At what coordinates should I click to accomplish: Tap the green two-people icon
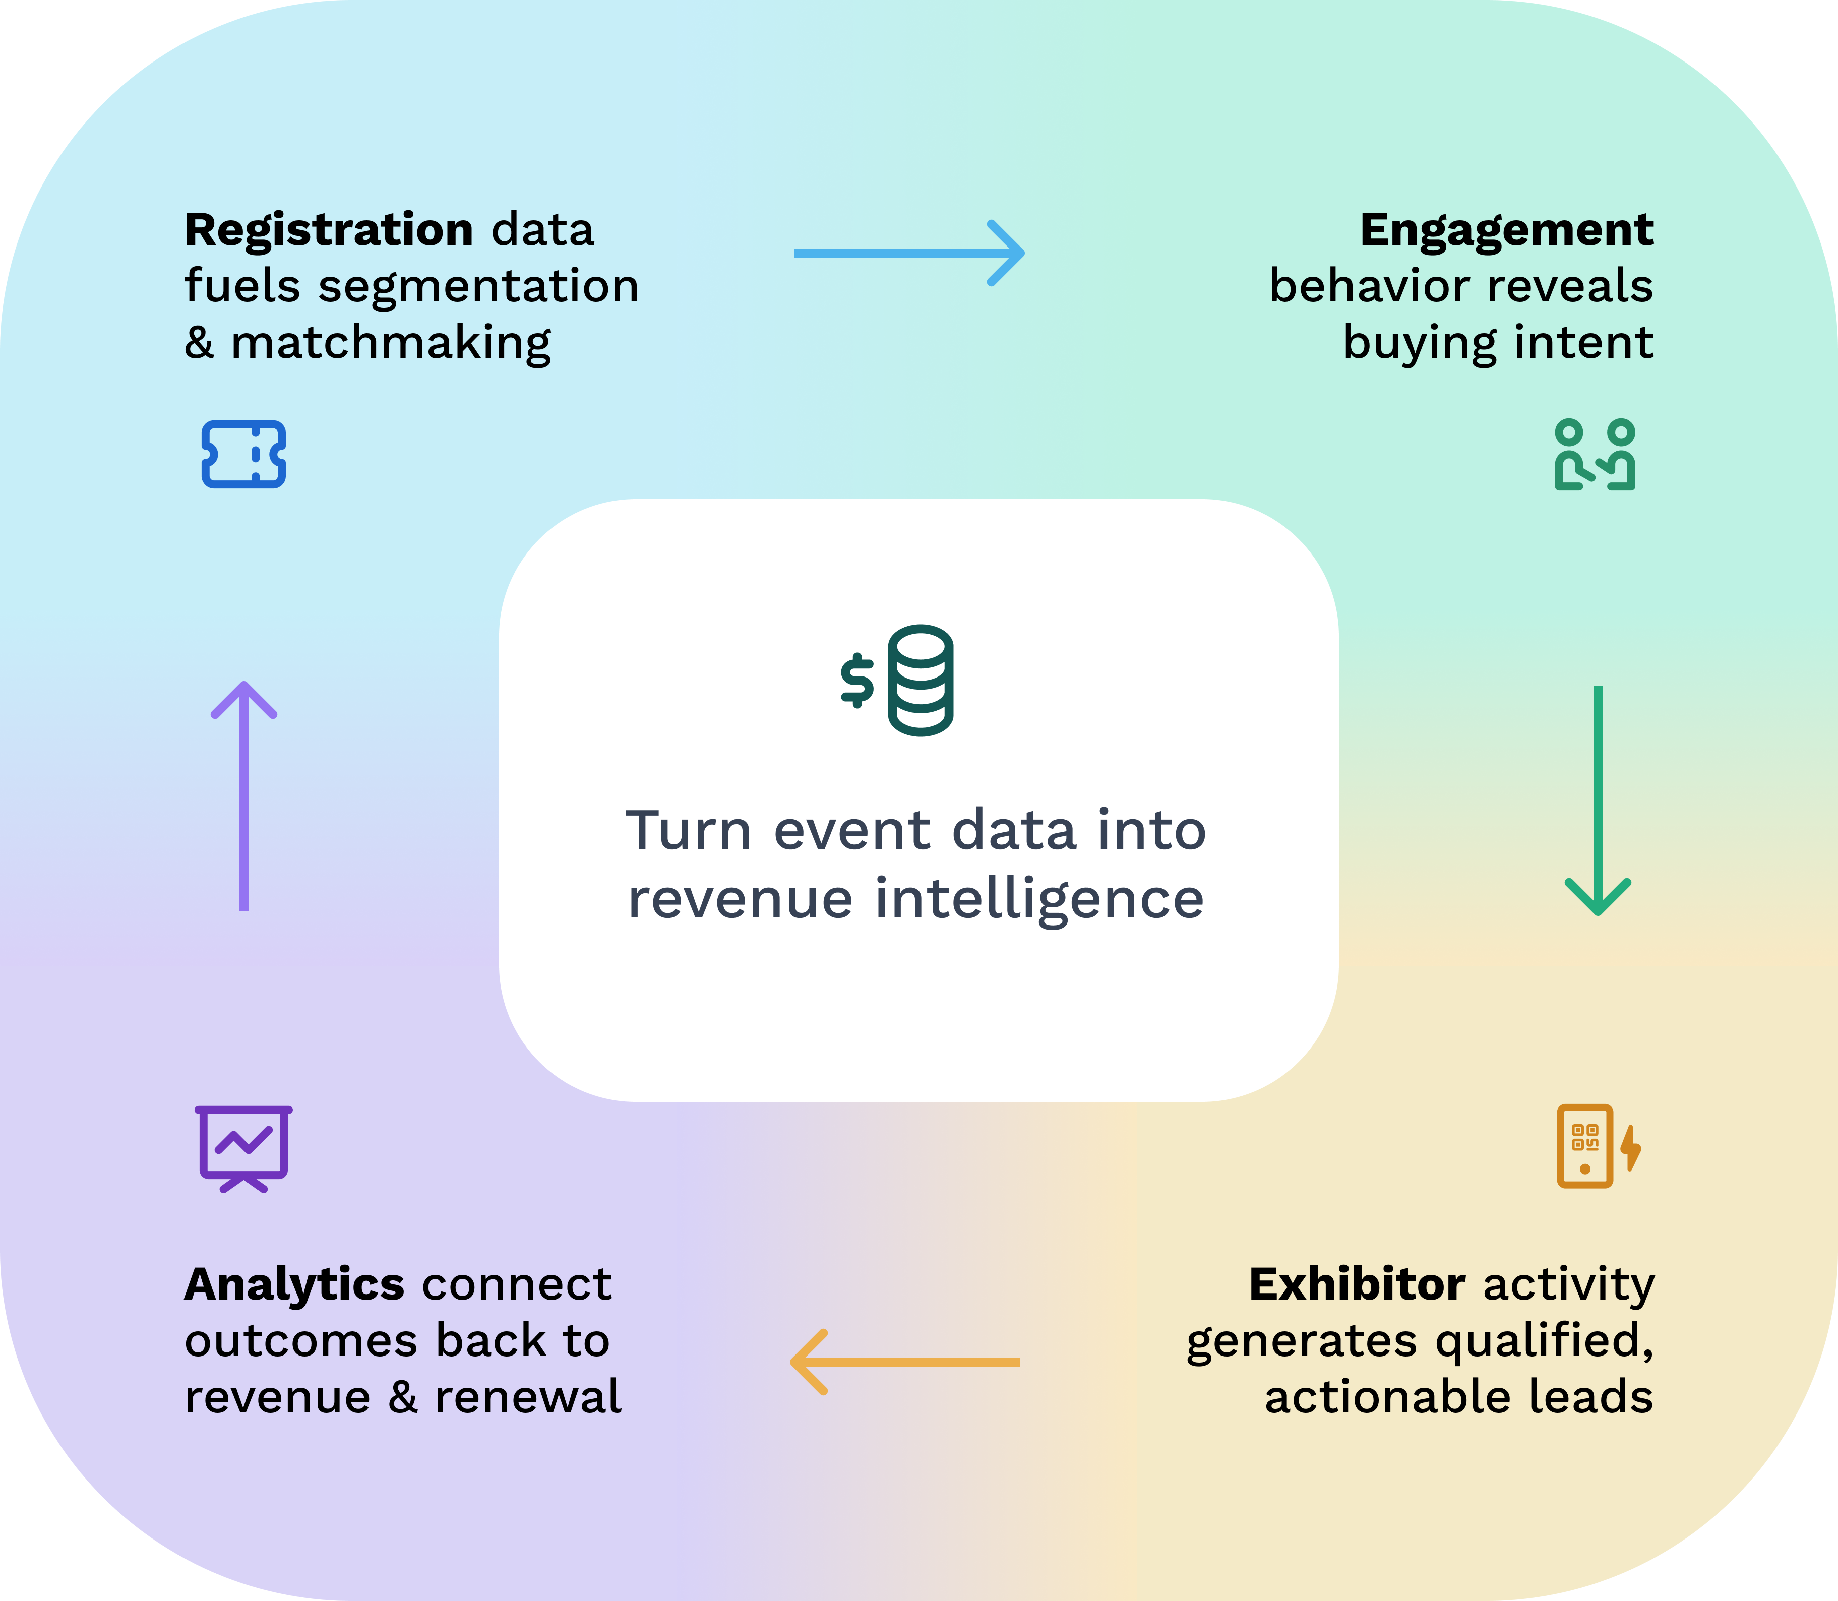coord(1595,455)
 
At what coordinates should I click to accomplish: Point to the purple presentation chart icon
coord(243,1148)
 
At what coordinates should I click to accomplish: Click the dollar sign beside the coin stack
coord(857,681)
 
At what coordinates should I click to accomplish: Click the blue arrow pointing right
coord(909,253)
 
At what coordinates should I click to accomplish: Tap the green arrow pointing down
coord(1598,799)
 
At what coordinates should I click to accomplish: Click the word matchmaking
coord(391,344)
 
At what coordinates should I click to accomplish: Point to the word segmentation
coord(478,287)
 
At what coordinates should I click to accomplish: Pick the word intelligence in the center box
coord(1038,900)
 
